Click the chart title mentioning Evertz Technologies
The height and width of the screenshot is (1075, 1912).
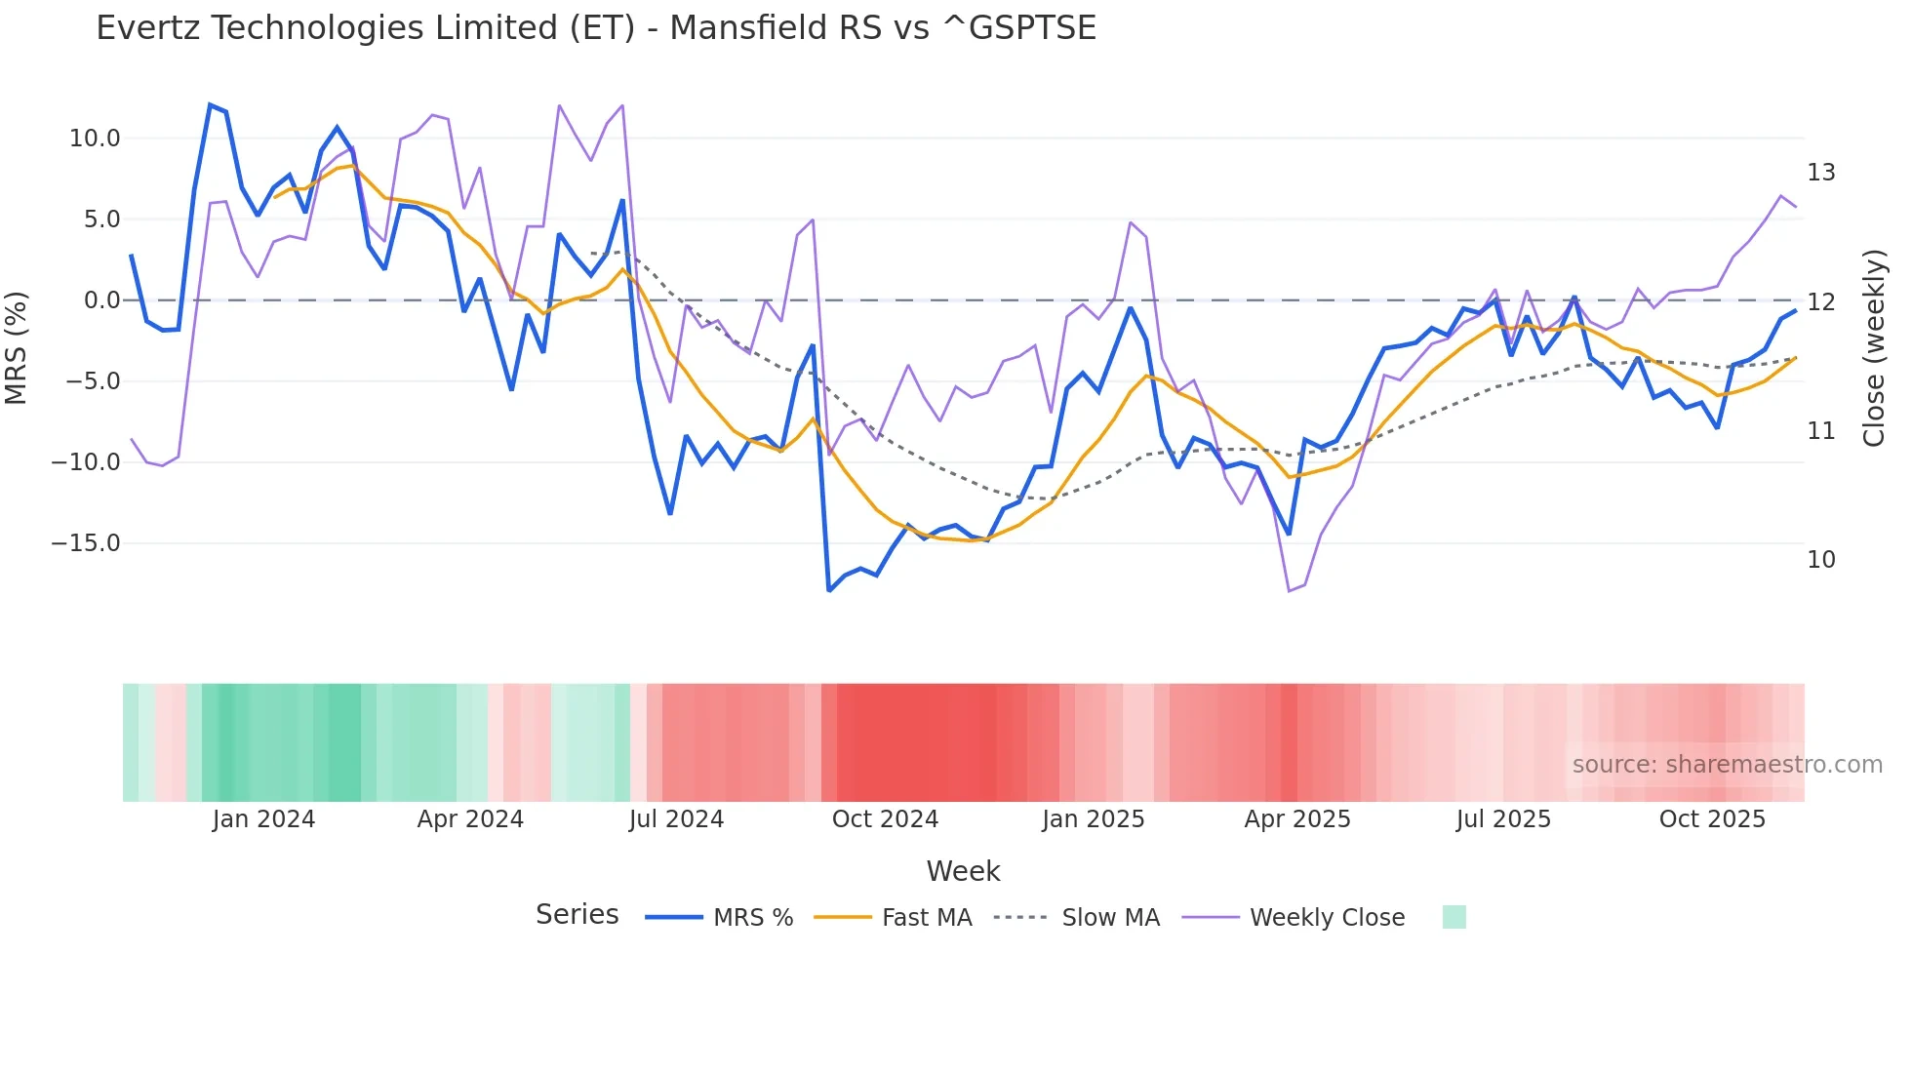pyautogui.click(x=596, y=28)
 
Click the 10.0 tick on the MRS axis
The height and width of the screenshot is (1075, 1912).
pyautogui.click(x=95, y=139)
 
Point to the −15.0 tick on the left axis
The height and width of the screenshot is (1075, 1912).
pyautogui.click(x=86, y=543)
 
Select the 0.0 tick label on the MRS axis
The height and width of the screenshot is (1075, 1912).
pyautogui.click(x=101, y=300)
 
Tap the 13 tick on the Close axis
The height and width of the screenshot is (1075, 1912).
pyautogui.click(x=1821, y=173)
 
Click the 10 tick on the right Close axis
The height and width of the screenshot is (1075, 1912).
pyautogui.click(x=1821, y=560)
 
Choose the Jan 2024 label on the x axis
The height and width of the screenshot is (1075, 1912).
pyautogui.click(x=263, y=819)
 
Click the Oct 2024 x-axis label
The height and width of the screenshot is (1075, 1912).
pyautogui.click(x=885, y=819)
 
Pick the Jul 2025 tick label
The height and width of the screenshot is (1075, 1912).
pyautogui.click(x=1503, y=819)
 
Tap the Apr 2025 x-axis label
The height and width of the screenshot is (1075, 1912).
pyautogui.click(x=1297, y=819)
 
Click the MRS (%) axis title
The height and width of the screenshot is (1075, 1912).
pyautogui.click(x=17, y=347)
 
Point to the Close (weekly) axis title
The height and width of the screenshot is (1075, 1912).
pyautogui.click(x=1874, y=348)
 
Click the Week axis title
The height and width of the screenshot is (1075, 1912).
pyautogui.click(x=963, y=871)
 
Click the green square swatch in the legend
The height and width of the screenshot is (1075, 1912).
pyautogui.click(x=1454, y=917)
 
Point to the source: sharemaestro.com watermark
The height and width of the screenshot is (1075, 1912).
pyautogui.click(x=1727, y=765)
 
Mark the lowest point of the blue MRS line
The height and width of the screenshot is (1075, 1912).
pyautogui.click(x=829, y=590)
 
